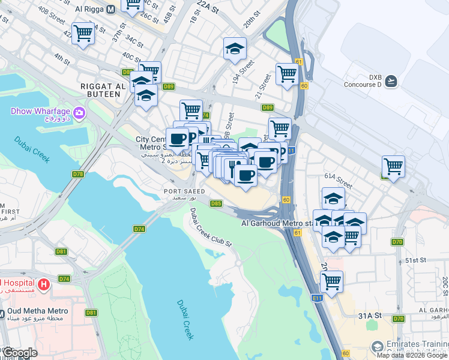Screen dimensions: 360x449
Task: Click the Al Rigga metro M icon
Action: click(x=110, y=10)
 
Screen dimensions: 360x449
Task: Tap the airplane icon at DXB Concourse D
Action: click(x=391, y=80)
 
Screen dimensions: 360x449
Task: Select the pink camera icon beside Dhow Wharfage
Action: click(x=79, y=112)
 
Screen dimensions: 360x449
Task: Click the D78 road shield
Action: click(x=78, y=174)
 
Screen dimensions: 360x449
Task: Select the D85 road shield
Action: click(x=217, y=203)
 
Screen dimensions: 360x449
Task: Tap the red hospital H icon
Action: click(x=43, y=283)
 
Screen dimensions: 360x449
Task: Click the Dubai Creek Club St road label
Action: click(x=210, y=227)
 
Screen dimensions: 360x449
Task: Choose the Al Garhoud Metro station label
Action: click(x=277, y=223)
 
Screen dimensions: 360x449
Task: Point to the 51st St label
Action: click(x=415, y=261)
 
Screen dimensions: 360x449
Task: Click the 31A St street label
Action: click(x=370, y=315)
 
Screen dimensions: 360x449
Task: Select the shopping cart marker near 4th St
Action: click(x=83, y=33)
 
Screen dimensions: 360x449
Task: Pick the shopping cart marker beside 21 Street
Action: click(x=288, y=74)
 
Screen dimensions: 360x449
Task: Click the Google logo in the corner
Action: click(x=20, y=353)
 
